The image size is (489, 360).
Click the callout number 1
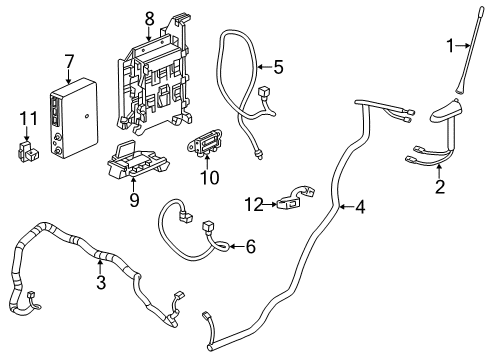point(450,44)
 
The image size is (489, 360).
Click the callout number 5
point(278,67)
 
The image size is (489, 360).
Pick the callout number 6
point(250,245)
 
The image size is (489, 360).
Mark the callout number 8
point(149,17)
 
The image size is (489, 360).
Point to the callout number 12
point(253,204)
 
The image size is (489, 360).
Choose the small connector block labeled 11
point(26,151)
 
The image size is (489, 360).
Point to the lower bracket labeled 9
point(135,163)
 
